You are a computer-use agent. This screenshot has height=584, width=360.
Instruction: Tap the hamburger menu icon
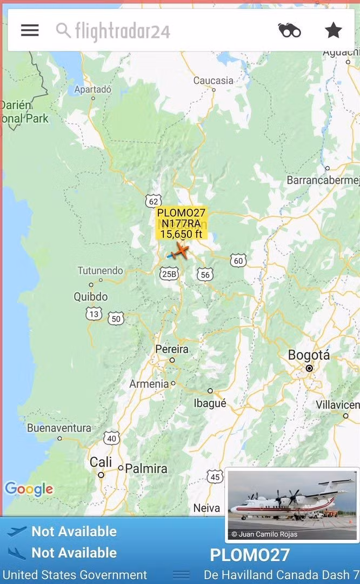pos(30,30)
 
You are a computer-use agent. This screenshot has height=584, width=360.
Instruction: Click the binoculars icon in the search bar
pos(289,30)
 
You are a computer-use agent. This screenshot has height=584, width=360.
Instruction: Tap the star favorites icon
pos(334,30)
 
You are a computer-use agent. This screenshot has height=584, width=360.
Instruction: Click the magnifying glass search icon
pos(63,30)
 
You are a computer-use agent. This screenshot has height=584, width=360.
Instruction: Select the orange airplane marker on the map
pos(181,251)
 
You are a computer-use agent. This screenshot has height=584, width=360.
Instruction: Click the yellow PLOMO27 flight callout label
pos(181,223)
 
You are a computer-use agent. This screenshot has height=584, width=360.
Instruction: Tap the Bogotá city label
pos(309,355)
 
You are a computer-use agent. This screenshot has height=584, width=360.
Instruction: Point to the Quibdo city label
pos(90,296)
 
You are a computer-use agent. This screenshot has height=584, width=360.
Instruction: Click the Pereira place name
pos(172,349)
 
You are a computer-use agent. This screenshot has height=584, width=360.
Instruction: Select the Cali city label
pos(101,462)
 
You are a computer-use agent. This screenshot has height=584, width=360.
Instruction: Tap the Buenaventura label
pos(59,428)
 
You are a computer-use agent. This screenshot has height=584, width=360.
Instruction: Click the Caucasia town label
pos(214,81)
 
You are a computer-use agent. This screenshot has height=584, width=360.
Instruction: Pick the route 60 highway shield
pos(238,261)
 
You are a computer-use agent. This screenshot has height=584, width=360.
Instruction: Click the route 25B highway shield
pos(169,274)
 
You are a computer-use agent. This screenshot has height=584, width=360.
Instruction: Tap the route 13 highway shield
pos(94,314)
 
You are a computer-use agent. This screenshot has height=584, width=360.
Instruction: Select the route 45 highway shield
pos(215,476)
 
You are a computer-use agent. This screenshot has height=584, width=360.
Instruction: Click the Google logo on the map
pos(29,489)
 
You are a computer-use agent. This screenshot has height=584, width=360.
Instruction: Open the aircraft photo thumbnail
pos(292,505)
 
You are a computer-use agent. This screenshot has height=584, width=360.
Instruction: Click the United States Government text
pos(75,574)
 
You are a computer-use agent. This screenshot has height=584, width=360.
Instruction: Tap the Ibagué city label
pos(210,403)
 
